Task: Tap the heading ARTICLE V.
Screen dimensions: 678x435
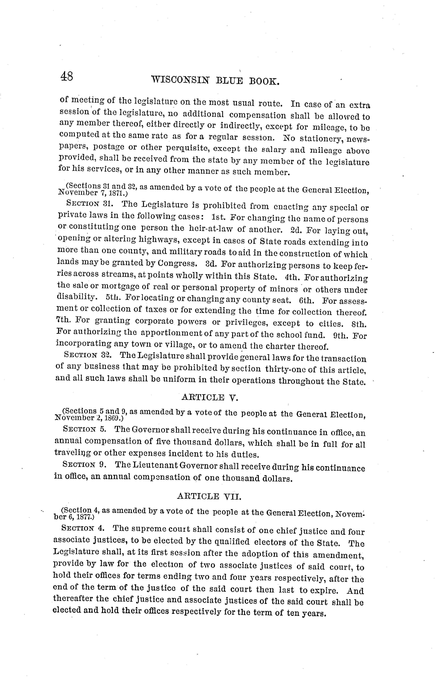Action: [210, 398]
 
